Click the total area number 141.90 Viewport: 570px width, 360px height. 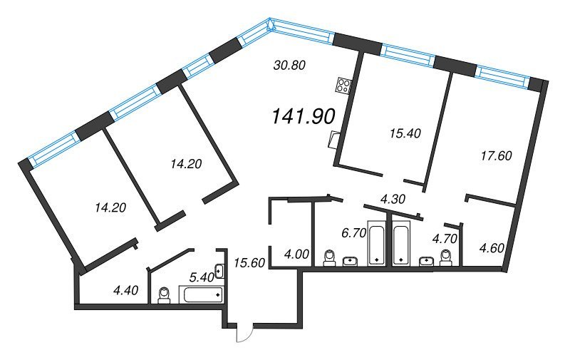(304, 117)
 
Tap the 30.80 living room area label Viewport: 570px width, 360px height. (289, 66)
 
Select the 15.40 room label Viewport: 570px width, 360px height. (405, 133)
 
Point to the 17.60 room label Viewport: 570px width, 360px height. (496, 156)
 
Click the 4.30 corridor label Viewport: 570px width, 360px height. (393, 200)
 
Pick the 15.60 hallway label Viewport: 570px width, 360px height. (249, 262)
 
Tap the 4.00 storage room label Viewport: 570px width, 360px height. (296, 254)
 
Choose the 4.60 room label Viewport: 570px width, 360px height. (492, 248)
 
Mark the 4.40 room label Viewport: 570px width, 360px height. (126, 290)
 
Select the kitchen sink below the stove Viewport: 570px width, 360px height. (334, 140)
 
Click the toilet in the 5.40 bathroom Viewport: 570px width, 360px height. (165, 295)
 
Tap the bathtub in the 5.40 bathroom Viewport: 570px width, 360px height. (201, 294)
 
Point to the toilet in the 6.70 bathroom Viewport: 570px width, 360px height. (330, 257)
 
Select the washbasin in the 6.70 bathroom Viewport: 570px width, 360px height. (351, 261)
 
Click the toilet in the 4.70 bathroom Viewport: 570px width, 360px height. (446, 257)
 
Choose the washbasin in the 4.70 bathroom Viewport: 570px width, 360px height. (426, 261)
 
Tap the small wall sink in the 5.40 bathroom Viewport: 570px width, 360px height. (219, 272)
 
